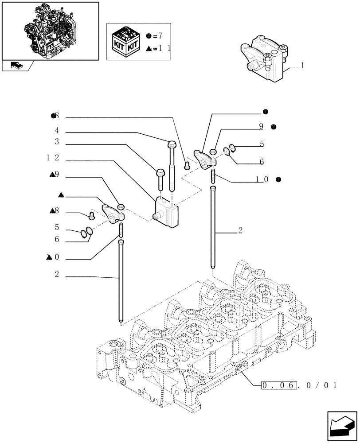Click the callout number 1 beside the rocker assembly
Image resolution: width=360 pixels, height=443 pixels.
coord(302,66)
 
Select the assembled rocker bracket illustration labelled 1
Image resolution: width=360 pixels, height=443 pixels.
coord(262,62)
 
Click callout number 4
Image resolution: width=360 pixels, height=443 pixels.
coord(57,131)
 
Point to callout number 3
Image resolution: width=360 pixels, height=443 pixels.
coord(57,142)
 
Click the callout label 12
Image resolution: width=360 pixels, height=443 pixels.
coord(54,159)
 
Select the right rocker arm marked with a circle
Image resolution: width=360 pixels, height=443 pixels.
coord(203,159)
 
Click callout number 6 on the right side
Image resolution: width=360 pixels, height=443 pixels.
coord(262,162)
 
